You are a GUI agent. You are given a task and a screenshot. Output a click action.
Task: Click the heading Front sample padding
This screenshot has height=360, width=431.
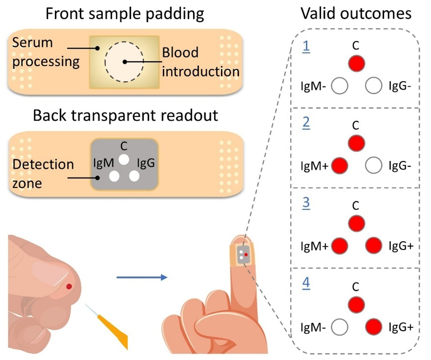pyautogui.click(x=125, y=14)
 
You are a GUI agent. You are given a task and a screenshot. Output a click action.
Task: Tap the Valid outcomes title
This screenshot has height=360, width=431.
pyautogui.click(x=356, y=14)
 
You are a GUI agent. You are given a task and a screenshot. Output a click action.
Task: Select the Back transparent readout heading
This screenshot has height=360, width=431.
pyautogui.click(x=126, y=115)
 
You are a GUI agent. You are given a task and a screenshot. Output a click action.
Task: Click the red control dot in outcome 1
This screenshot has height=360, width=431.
pyautogui.click(x=356, y=63)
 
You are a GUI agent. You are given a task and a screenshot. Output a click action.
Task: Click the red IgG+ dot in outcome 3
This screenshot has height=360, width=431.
pyautogui.click(x=374, y=245)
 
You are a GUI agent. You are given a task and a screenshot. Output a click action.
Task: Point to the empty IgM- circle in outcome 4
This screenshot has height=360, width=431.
pyautogui.click(x=340, y=327)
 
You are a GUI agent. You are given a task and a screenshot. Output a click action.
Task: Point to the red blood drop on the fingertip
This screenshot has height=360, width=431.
pyautogui.click(x=69, y=287)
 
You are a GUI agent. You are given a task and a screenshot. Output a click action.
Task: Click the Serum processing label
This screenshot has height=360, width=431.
pyautogui.click(x=45, y=52)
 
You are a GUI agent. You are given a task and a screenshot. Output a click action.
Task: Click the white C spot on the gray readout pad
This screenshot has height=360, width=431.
pyautogui.click(x=123, y=159)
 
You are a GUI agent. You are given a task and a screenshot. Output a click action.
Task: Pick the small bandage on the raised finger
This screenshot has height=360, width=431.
pyautogui.click(x=241, y=255)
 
